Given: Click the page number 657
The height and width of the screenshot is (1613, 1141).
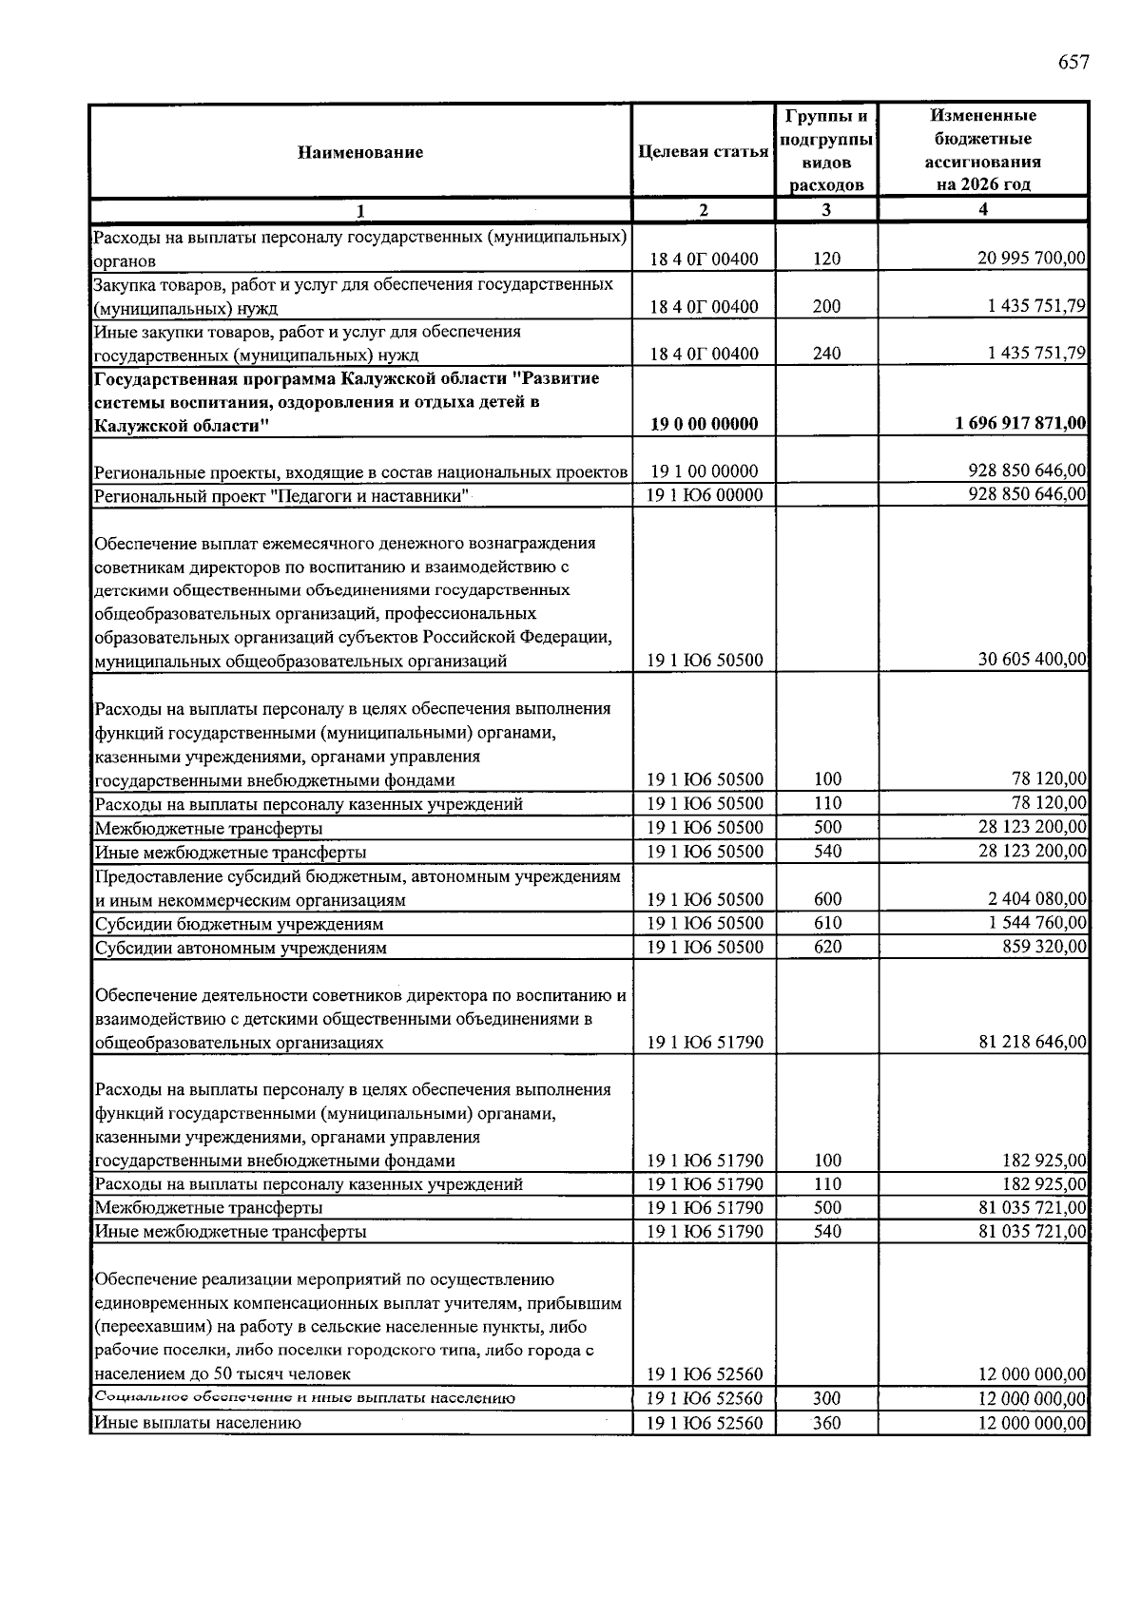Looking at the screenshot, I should pyautogui.click(x=1073, y=63).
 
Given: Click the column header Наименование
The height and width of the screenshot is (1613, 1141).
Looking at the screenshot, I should pyautogui.click(x=360, y=151).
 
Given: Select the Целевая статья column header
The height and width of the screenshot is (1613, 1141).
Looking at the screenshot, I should pyautogui.click(x=704, y=151).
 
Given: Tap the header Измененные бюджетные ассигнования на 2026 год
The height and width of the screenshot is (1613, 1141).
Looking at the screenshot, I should pyautogui.click(x=982, y=150).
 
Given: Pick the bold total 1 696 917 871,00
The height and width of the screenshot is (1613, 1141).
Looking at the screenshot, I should pyautogui.click(x=1021, y=424).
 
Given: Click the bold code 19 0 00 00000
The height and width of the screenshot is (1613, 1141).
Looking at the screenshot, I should pyautogui.click(x=704, y=424).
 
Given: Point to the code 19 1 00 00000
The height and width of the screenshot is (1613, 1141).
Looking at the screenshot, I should pyautogui.click(x=704, y=471).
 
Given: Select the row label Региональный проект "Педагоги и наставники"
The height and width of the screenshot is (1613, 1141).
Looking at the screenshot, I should pyautogui.click(x=282, y=496).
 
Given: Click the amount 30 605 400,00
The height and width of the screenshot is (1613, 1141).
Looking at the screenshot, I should pyautogui.click(x=1032, y=661).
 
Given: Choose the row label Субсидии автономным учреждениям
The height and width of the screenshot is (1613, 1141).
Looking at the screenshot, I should pyautogui.click(x=241, y=949).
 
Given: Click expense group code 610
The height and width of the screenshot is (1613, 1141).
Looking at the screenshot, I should pyautogui.click(x=827, y=924).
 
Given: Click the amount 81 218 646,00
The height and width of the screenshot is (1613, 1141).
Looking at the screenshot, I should pyautogui.click(x=1032, y=1043).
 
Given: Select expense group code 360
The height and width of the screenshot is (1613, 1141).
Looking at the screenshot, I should pyautogui.click(x=827, y=1424).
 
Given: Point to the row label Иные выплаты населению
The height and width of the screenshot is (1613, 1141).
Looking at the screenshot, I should pyautogui.click(x=198, y=1424).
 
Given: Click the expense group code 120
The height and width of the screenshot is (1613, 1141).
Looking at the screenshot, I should pyautogui.click(x=827, y=259).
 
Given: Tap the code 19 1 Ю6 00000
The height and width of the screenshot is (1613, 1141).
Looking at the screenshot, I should pyautogui.click(x=704, y=495).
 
